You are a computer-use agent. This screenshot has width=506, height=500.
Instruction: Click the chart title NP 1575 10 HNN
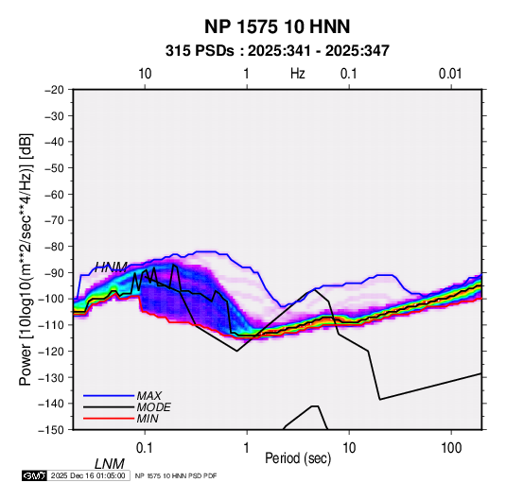pyautogui.click(x=277, y=26)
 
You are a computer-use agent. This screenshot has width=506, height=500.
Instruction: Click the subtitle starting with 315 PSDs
pyautogui.click(x=277, y=51)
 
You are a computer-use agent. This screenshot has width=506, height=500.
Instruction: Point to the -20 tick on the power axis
pyautogui.click(x=54, y=90)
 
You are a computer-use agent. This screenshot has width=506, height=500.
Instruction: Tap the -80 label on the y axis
pyautogui.click(x=54, y=247)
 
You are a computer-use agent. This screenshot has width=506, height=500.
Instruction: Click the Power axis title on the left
pyautogui.click(x=26, y=259)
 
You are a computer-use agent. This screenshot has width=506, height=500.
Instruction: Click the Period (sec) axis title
pyautogui.click(x=298, y=458)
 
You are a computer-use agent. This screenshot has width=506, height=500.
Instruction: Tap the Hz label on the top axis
pyautogui.click(x=298, y=74)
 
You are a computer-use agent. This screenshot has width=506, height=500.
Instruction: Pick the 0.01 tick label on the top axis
pyautogui.click(x=450, y=74)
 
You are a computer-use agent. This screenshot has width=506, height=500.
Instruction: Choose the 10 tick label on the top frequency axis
pyautogui.click(x=145, y=74)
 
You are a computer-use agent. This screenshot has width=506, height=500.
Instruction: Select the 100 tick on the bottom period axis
pyautogui.click(x=451, y=448)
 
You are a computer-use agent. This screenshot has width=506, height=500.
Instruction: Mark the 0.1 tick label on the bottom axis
pyautogui.click(x=145, y=448)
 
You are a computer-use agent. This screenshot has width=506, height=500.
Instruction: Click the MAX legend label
pyautogui.click(x=149, y=396)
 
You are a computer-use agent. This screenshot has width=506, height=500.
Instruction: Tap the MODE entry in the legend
pyautogui.click(x=153, y=407)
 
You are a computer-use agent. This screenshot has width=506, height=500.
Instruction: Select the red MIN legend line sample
pyautogui.click(x=109, y=419)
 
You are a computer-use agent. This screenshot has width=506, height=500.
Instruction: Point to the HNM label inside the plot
pyautogui.click(x=111, y=267)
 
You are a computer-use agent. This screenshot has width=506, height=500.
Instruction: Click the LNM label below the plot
pyautogui.click(x=110, y=464)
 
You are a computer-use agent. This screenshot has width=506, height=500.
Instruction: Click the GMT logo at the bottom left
pyautogui.click(x=35, y=475)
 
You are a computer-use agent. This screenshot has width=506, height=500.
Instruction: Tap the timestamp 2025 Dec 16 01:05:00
pyautogui.click(x=88, y=475)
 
